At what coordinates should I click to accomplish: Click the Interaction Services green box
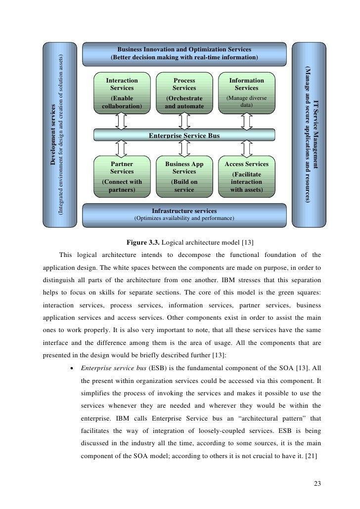click(122, 92)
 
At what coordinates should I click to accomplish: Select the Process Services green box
click(184, 92)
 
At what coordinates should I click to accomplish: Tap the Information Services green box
click(246, 92)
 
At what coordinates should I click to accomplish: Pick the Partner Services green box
click(122, 176)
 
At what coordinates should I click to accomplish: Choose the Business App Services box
click(184, 176)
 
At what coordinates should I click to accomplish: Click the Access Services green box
click(246, 176)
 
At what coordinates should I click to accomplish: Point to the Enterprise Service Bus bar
click(184, 135)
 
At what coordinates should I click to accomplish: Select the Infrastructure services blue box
click(184, 213)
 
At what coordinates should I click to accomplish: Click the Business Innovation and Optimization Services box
click(184, 53)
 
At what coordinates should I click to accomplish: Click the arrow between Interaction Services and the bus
click(122, 121)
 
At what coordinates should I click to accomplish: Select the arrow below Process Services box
click(184, 121)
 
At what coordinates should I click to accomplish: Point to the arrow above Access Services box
click(246, 149)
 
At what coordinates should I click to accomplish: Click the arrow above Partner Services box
click(122, 149)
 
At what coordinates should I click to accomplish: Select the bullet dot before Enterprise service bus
click(72, 369)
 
